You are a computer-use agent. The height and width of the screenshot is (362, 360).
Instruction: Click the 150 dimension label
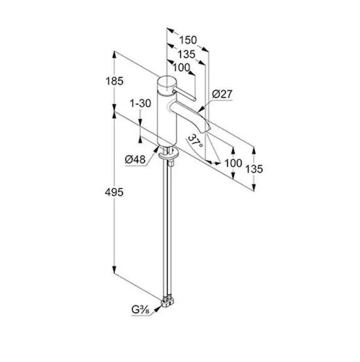coord(188,40)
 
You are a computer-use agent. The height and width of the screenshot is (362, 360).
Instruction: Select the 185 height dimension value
coord(115,81)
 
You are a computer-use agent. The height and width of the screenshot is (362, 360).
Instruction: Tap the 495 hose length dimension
coord(114,192)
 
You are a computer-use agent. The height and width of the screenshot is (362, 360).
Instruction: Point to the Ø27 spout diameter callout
coord(223,94)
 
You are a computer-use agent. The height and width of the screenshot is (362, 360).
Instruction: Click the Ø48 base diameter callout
coord(135,159)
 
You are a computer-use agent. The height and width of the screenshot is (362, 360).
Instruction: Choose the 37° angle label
coord(195,141)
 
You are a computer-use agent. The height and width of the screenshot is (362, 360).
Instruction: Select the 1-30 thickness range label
coord(141,103)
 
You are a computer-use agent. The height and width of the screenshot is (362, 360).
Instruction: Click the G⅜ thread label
coord(141,310)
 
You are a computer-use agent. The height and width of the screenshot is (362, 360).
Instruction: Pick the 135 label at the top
coord(186,54)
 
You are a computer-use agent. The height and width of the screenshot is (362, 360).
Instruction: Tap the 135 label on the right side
coord(254,169)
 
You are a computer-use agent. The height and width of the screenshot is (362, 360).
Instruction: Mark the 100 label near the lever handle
coord(182,68)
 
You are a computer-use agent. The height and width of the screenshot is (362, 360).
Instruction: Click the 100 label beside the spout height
coord(233,163)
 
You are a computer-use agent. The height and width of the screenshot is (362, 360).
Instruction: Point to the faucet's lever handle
coord(184,94)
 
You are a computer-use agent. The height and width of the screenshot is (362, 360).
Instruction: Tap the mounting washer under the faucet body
coord(168,155)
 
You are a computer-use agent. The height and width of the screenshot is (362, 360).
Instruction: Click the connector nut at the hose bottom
coord(168,302)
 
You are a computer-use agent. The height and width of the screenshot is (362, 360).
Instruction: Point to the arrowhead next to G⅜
coord(157,309)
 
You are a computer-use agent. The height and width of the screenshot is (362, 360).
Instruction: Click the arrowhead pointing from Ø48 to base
coord(156,150)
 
